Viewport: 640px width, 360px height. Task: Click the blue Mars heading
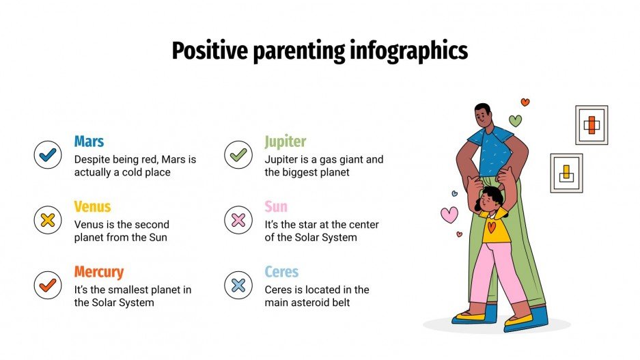tap(89, 141)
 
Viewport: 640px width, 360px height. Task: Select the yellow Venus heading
tap(92, 206)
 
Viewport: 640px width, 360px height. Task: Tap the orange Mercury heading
tap(99, 272)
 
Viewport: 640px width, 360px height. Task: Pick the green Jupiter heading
tap(286, 141)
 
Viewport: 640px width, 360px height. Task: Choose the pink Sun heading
tap(276, 206)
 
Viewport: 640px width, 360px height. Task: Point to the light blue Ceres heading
tap(281, 272)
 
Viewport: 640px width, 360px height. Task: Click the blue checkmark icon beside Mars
tap(48, 154)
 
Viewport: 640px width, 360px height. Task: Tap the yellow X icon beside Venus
tap(48, 220)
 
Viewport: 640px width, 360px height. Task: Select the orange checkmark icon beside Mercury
tap(48, 285)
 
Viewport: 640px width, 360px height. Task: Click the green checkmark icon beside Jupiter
tap(238, 154)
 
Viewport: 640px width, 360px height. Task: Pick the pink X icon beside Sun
tap(238, 220)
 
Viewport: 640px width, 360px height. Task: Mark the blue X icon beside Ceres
tap(238, 285)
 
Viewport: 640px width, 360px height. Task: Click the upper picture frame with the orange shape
tap(592, 125)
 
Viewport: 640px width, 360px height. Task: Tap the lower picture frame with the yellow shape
tap(566, 173)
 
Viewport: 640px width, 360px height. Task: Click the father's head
tap(483, 115)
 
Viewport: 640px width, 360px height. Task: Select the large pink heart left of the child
tap(449, 214)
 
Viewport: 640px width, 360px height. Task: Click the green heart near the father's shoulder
tap(516, 121)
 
